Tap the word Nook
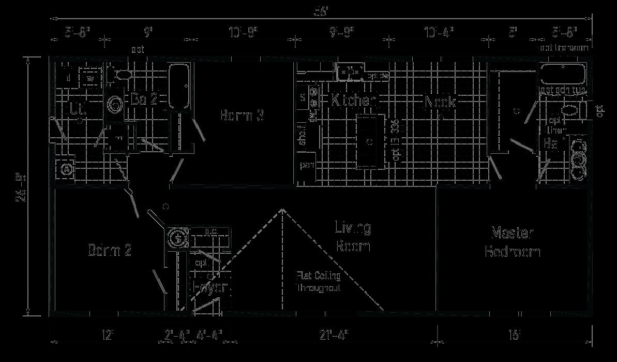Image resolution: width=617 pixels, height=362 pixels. coord(440,102)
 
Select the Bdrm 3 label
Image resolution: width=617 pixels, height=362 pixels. coord(242,115)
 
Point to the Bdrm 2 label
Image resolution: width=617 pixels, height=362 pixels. coord(109,251)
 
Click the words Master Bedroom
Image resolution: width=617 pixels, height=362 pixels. coord(512,242)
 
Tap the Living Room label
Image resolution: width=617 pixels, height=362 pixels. coord(353,236)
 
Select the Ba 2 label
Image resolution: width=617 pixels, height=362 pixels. coord(144,99)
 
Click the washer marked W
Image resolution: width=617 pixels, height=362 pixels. coord(91,79)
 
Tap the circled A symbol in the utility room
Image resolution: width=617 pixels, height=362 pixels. coord(66,169)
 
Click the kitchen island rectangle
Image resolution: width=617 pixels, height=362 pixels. coord(370,141)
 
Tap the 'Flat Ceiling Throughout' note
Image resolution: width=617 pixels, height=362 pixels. coord(318,282)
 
